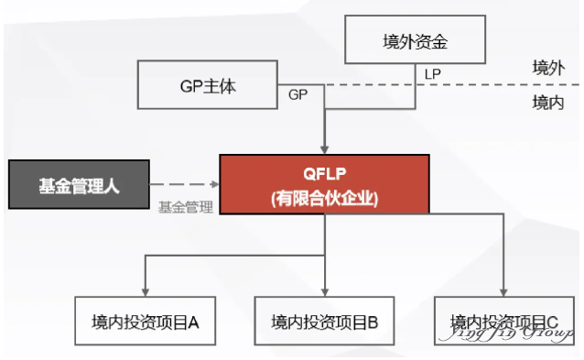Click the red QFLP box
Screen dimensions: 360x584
point(325,184)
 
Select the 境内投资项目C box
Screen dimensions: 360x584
point(504,322)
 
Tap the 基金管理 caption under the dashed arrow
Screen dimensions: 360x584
point(185,207)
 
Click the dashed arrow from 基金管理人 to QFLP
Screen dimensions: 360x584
point(184,184)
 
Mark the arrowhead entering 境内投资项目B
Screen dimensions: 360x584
point(325,291)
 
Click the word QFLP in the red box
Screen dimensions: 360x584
point(325,173)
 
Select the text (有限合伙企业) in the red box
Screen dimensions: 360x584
point(325,197)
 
